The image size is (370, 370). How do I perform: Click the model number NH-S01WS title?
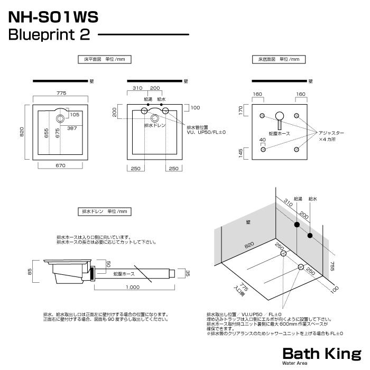[53, 17]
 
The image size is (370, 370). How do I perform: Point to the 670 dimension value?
[60, 166]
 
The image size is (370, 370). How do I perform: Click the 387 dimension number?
[72, 128]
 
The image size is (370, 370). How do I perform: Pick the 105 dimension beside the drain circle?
[75, 115]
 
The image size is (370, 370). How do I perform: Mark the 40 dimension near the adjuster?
[262, 140]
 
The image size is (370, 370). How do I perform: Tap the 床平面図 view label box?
[104, 59]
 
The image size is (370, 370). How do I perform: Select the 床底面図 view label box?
[278, 59]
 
